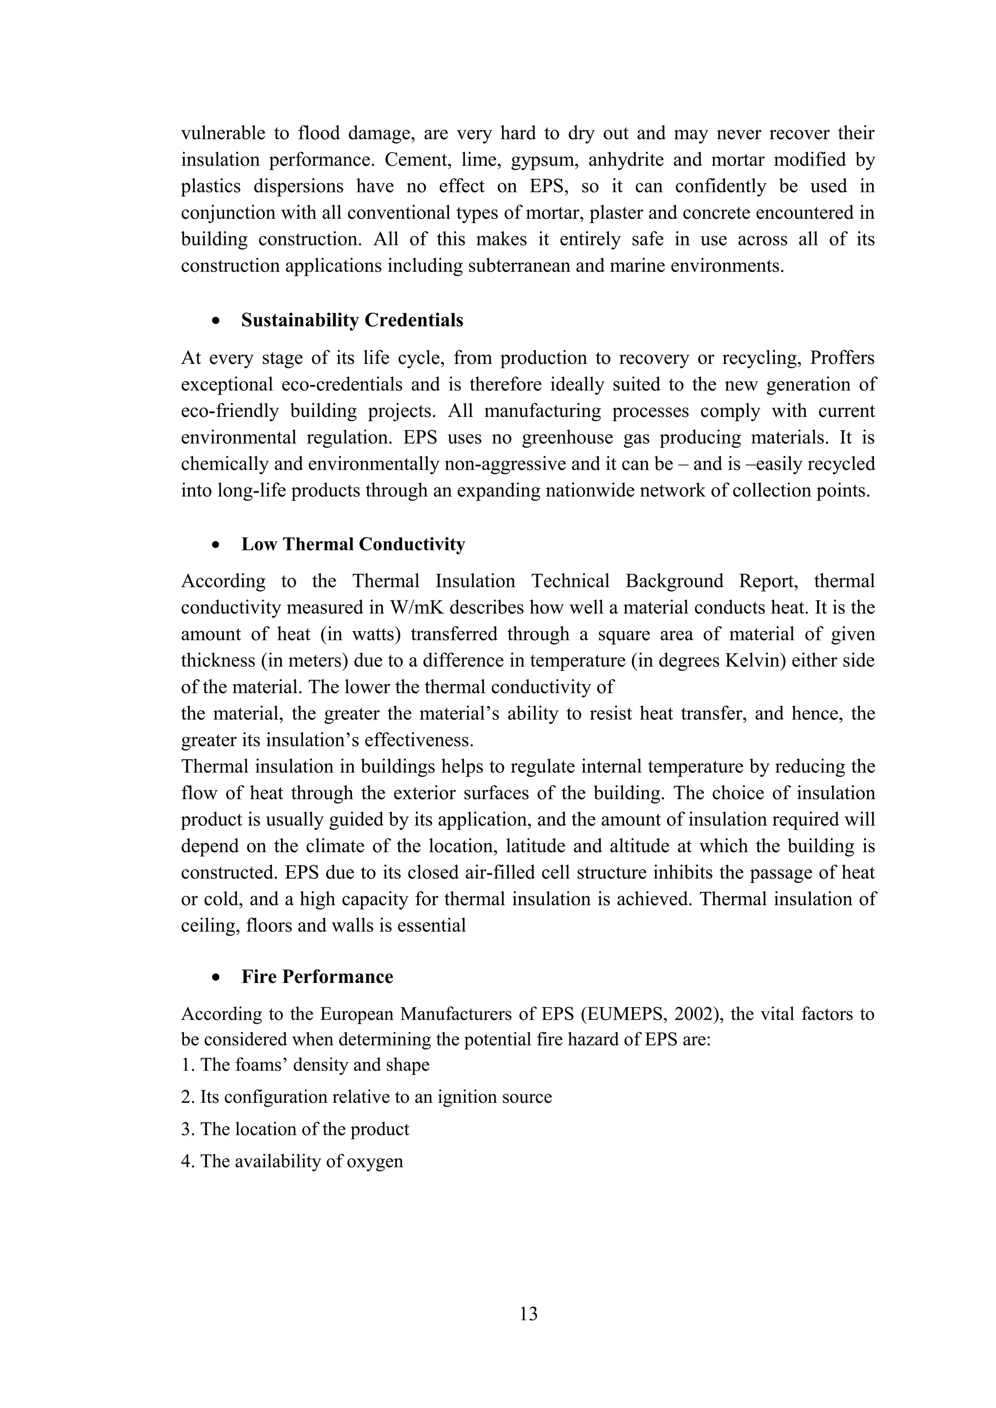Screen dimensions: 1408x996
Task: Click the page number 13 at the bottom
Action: pyautogui.click(x=528, y=1314)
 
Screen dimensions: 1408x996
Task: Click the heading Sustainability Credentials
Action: pyautogui.click(x=352, y=320)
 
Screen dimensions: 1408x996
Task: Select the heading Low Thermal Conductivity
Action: pyautogui.click(x=353, y=544)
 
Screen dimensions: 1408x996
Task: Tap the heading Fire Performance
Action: pyautogui.click(x=317, y=977)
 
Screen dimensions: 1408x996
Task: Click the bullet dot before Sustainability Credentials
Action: pyautogui.click(x=215, y=321)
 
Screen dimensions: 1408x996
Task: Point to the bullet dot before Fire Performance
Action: pyautogui.click(x=215, y=978)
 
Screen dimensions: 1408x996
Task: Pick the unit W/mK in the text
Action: pyautogui.click(x=417, y=608)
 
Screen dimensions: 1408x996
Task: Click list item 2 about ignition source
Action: pyautogui.click(x=366, y=1097)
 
